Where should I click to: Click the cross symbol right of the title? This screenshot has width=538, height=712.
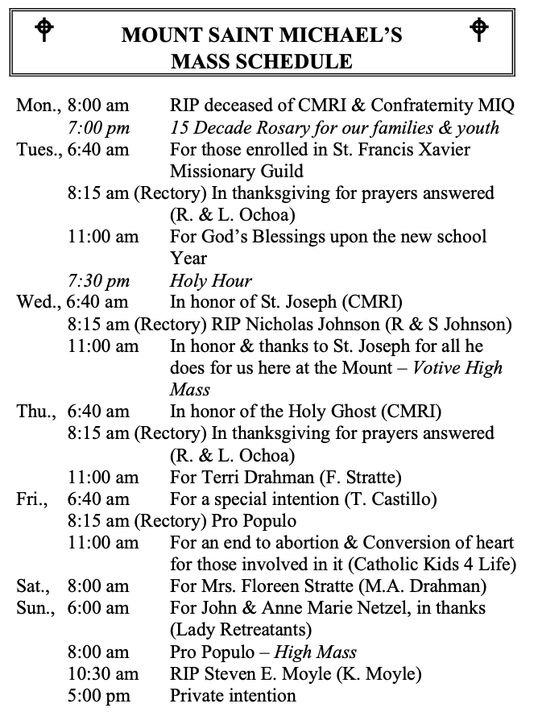(x=478, y=30)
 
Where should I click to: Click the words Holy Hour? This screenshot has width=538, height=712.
(x=211, y=280)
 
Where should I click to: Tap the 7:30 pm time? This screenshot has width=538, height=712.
(x=98, y=280)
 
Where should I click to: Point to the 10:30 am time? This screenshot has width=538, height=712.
(x=103, y=673)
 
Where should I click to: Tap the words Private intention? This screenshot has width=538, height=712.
(x=233, y=695)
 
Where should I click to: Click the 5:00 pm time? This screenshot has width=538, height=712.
(x=98, y=695)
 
